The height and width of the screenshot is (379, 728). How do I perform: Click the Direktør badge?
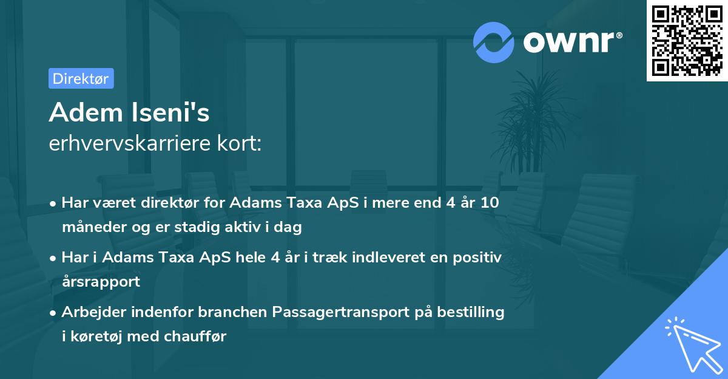coord(81,78)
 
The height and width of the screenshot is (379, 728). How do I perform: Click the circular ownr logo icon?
coord(494,42)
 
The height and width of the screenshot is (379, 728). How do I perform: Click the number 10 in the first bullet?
coord(490,203)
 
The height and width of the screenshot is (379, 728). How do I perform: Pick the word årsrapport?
coord(101,281)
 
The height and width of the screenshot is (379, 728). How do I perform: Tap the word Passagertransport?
coord(349,312)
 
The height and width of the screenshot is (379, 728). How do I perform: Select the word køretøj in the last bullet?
coord(95,336)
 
